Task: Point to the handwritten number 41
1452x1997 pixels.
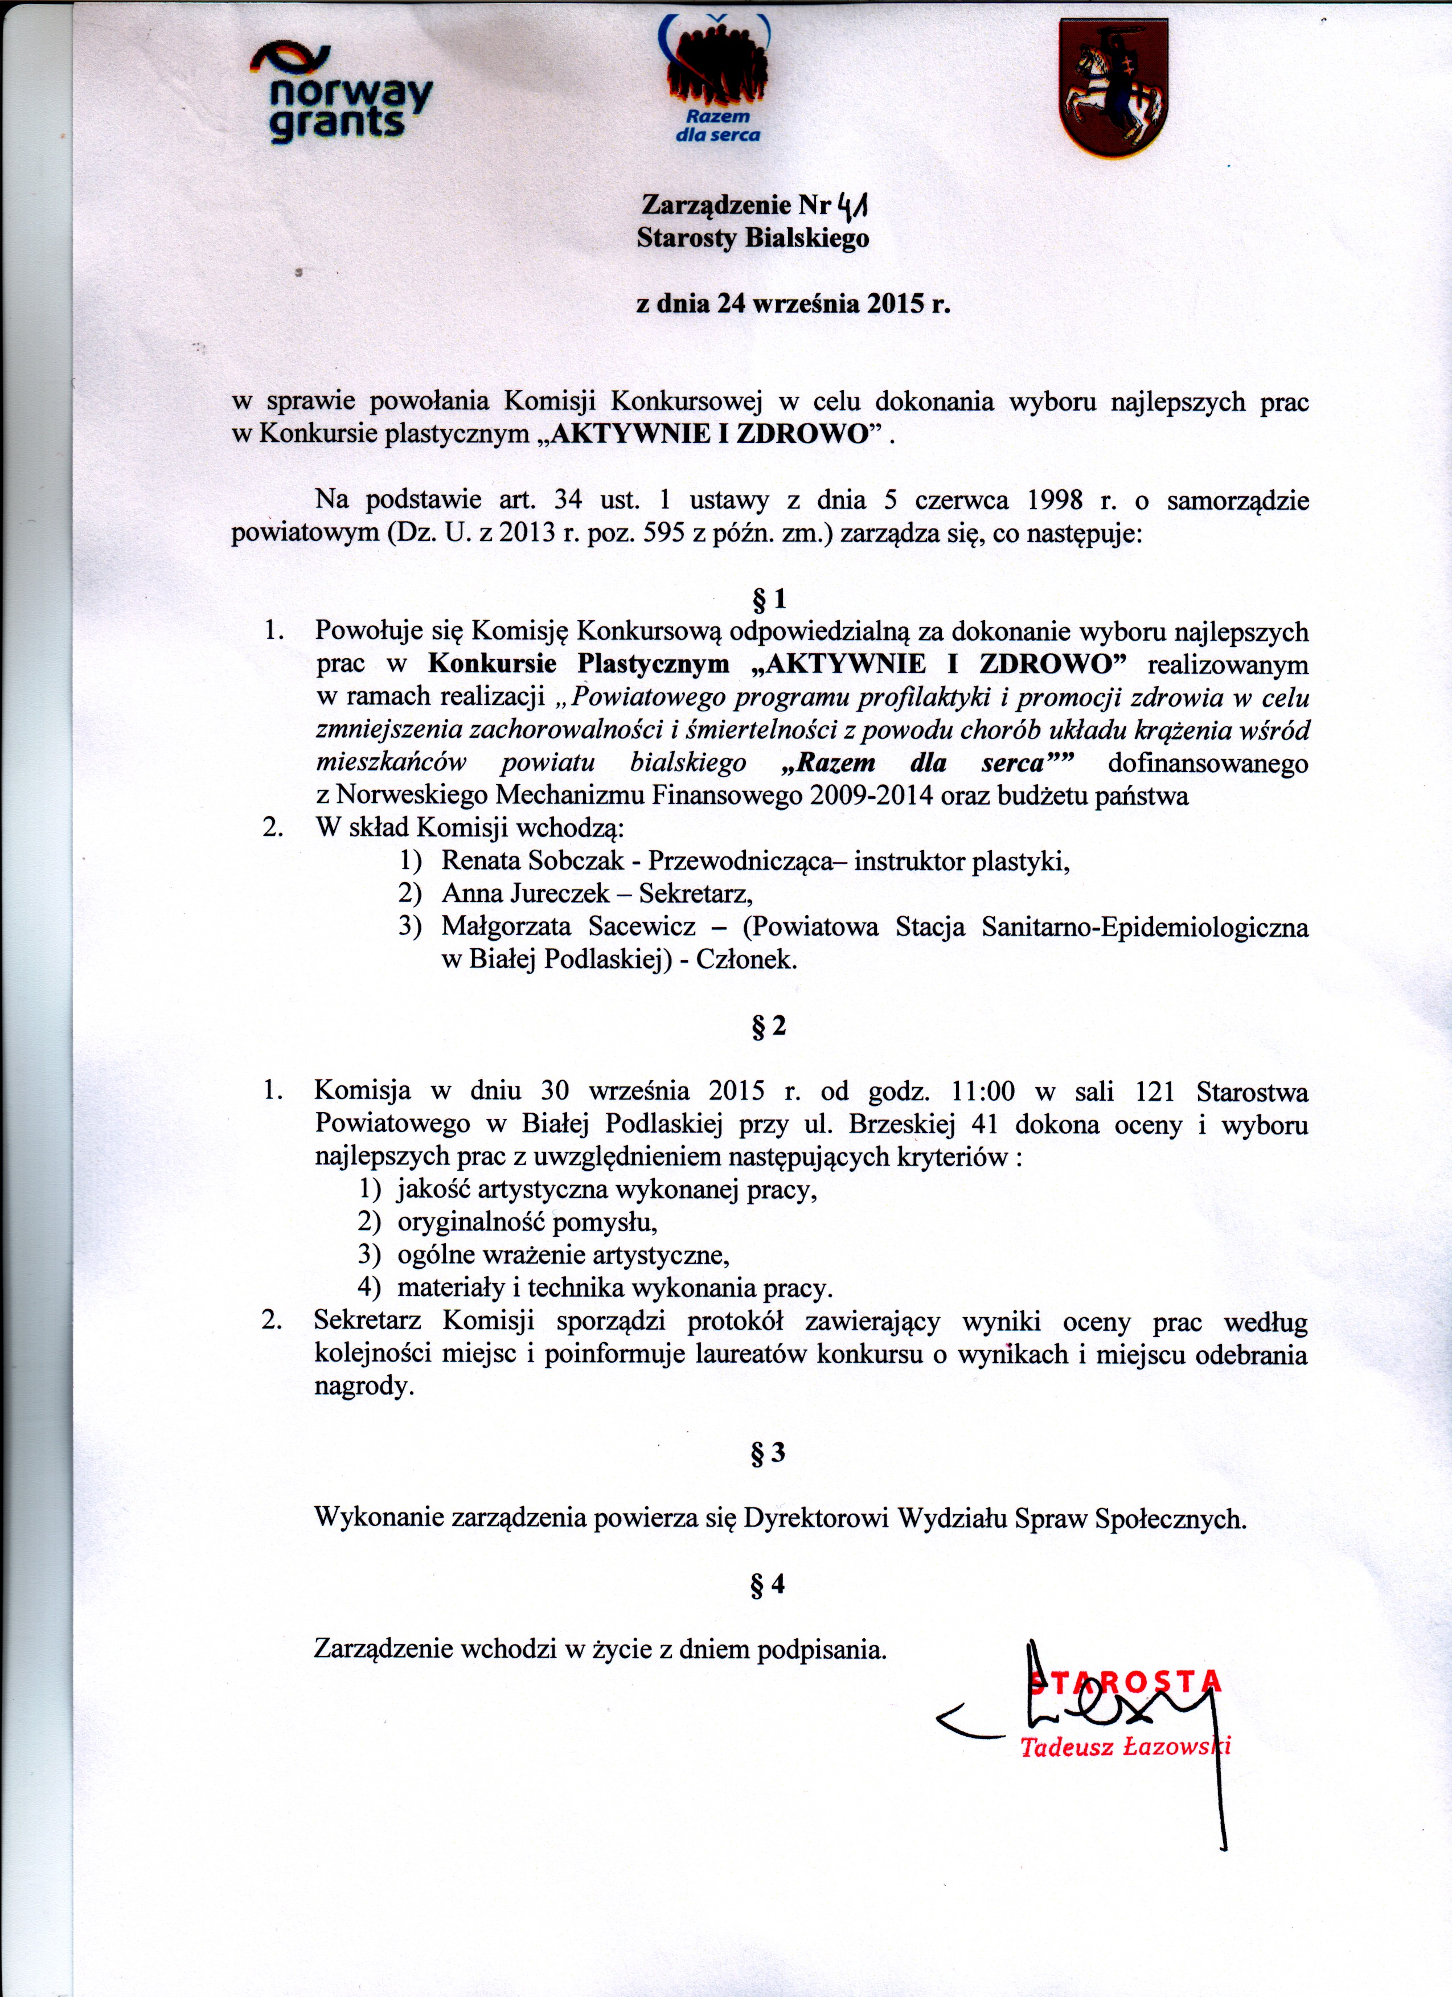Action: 854,206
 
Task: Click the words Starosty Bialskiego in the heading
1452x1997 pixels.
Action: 753,239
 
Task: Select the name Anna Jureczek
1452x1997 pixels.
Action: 526,893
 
